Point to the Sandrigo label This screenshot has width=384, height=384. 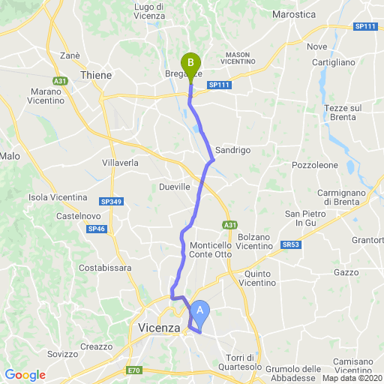coord(232,150)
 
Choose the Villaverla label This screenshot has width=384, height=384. coord(120,162)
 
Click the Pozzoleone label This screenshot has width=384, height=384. coord(315,164)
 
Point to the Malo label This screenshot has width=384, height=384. coord(10,156)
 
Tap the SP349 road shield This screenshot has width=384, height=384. coord(109,202)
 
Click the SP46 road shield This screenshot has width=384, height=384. coord(96,229)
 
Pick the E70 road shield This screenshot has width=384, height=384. coord(134,370)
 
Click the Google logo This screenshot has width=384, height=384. coord(25,375)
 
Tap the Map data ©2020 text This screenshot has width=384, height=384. coord(351,377)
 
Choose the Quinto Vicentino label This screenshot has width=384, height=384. coord(268,278)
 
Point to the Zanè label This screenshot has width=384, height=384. coord(70,55)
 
